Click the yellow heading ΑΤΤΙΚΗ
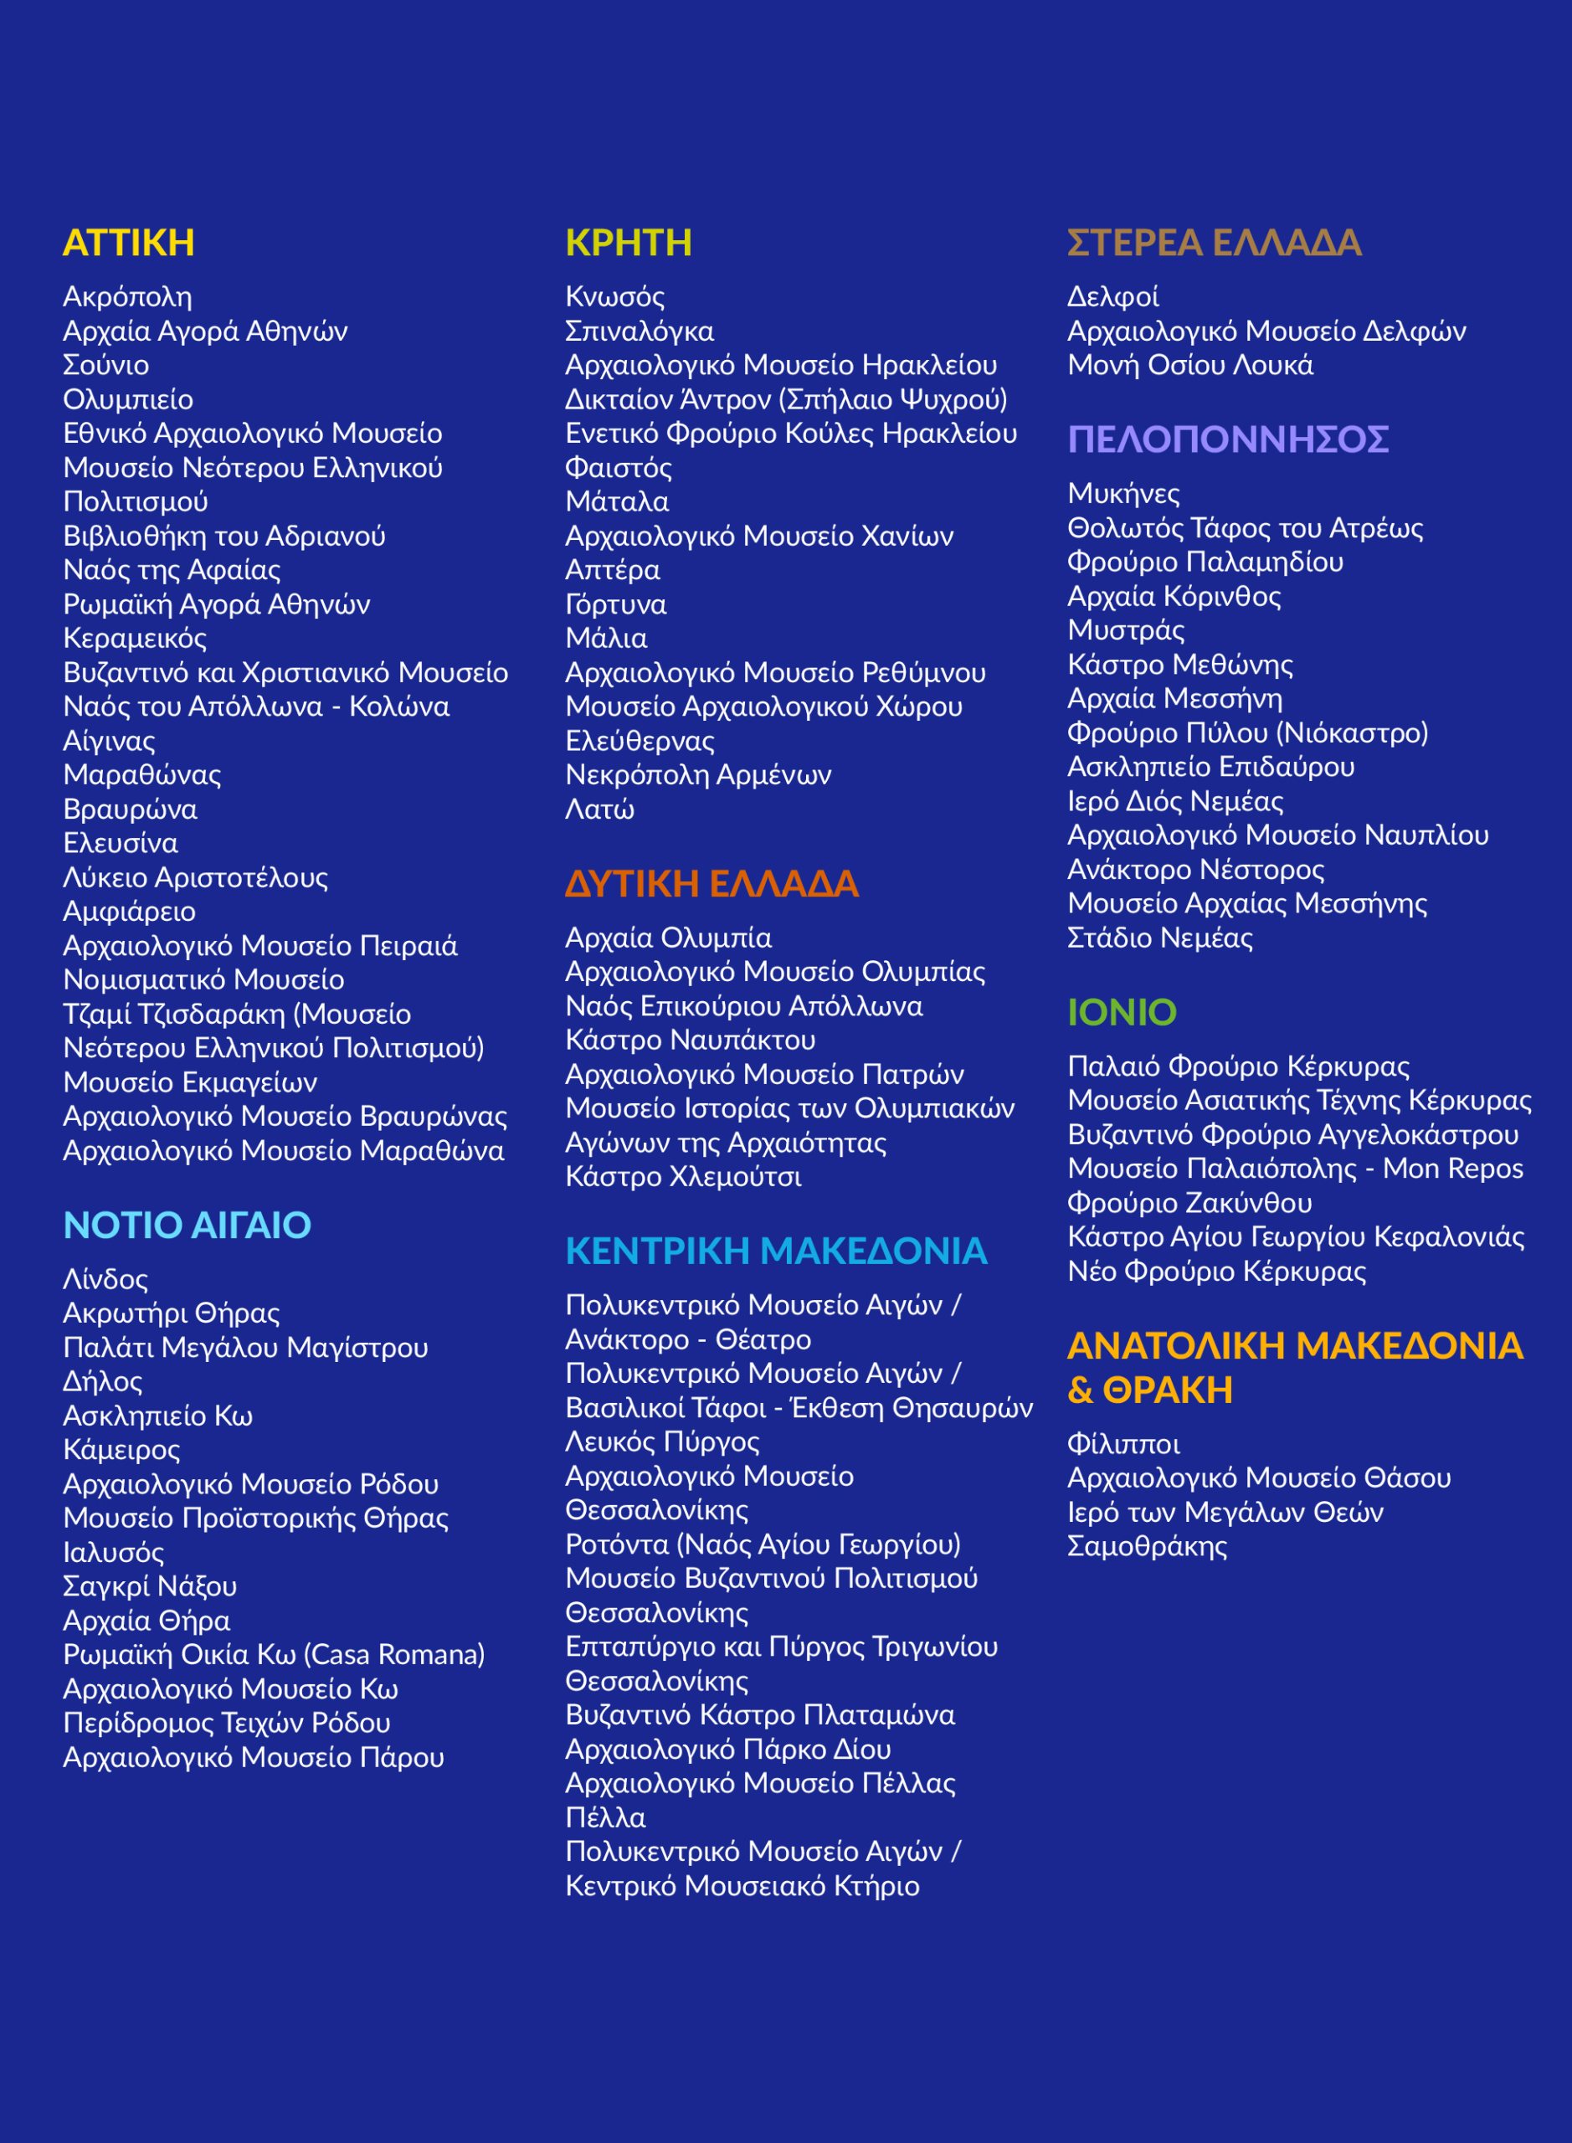[x=128, y=243]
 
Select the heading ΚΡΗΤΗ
[x=628, y=243]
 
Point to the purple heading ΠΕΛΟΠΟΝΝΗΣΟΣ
[x=1227, y=439]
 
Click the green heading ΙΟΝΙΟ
[x=1122, y=1013]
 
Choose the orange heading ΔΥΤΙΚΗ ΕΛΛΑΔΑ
[x=712, y=884]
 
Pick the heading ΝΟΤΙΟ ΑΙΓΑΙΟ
[x=187, y=1226]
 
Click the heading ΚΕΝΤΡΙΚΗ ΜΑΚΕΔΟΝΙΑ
[x=775, y=1251]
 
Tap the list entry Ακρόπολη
[x=127, y=297]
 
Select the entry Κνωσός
[x=614, y=297]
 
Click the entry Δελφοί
[x=1112, y=297]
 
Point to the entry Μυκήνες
[x=1122, y=494]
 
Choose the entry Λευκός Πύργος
[x=662, y=1442]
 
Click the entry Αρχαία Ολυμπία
[x=668, y=938]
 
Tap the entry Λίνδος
[x=105, y=1279]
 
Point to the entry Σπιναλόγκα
[x=640, y=331]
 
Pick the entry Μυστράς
[x=1126, y=630]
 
